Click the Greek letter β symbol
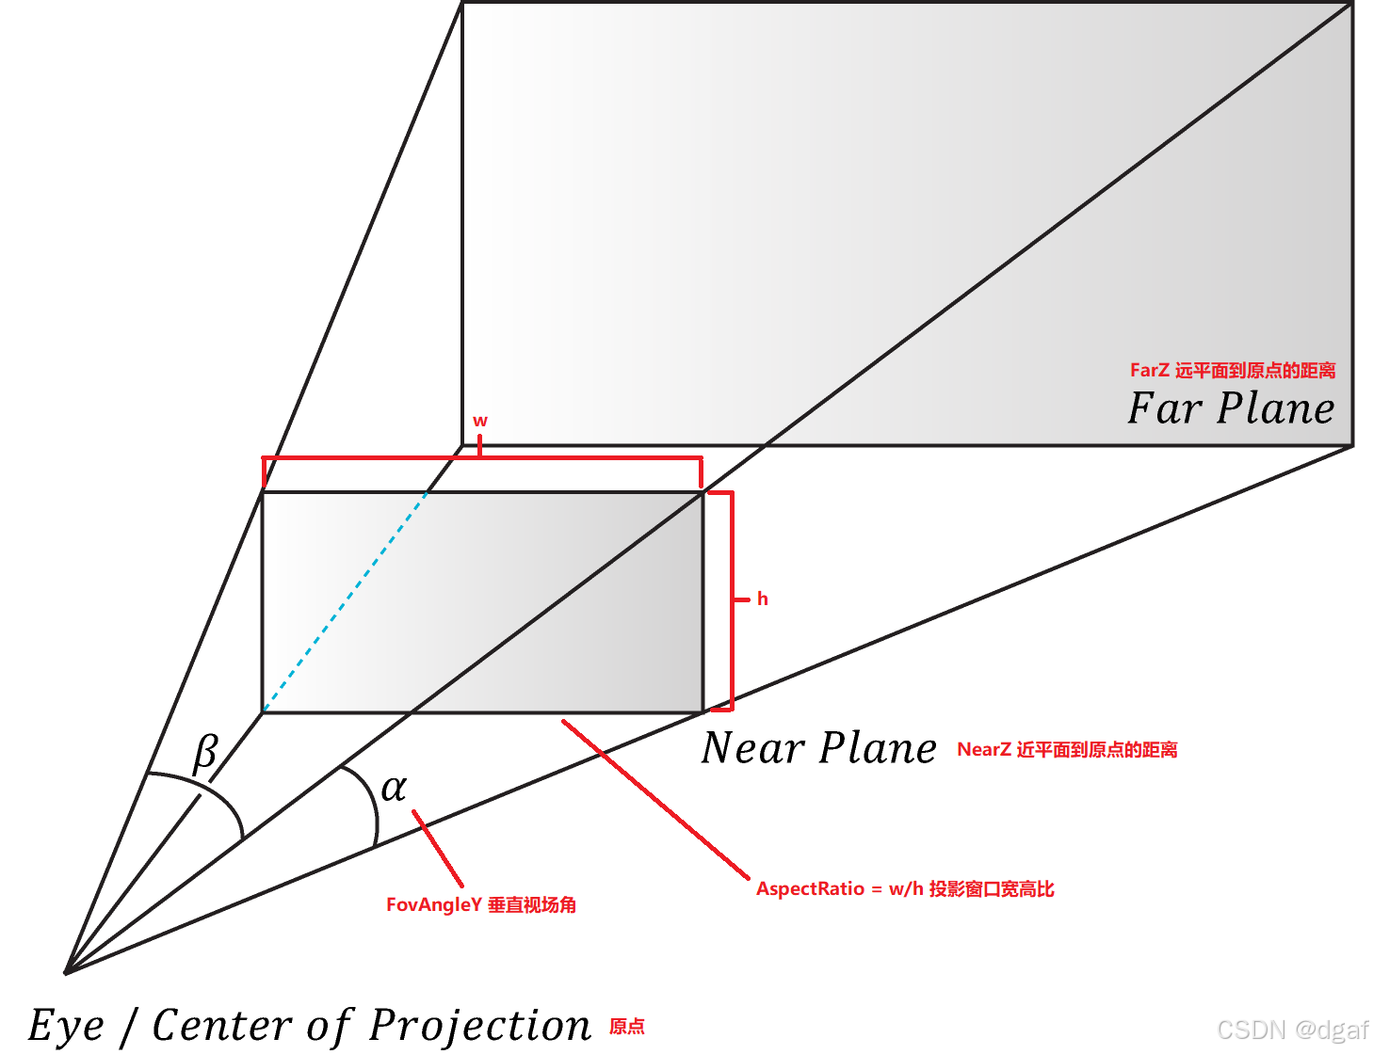tap(205, 754)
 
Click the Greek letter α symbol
tap(394, 788)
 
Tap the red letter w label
tap(480, 421)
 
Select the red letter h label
tap(763, 599)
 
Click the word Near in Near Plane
tap(752, 748)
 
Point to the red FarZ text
tap(1149, 370)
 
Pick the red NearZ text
tap(984, 749)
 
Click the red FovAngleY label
tap(434, 904)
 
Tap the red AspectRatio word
tap(810, 888)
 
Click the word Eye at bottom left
tap(65, 1026)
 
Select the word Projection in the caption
tap(479, 1025)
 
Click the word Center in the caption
tap(222, 1025)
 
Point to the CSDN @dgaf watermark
tap(1292, 1030)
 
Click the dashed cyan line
tap(345, 602)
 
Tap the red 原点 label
tap(627, 1026)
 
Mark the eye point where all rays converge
tap(66, 972)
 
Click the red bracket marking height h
tap(732, 599)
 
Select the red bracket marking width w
tap(481, 458)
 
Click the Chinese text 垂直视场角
tap(532, 904)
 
